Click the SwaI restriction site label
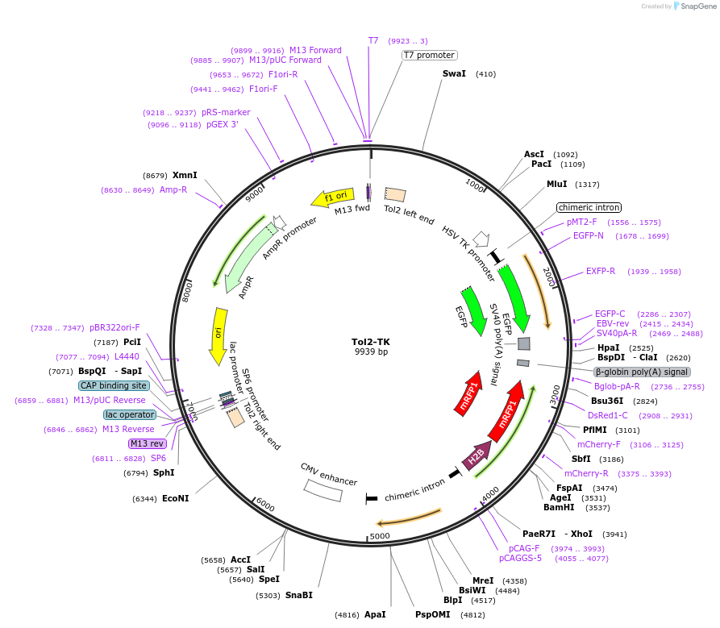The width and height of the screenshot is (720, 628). pos(454,73)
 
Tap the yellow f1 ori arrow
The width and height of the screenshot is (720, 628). pos(333,197)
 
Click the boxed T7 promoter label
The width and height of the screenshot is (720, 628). pos(429,55)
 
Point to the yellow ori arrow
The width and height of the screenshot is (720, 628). pos(218,336)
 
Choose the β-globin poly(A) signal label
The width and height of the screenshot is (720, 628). pos(642,372)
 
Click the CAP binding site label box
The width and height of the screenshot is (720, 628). pos(114,385)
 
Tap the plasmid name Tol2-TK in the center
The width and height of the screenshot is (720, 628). pos(371,342)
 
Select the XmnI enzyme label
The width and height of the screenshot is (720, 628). pos(185,175)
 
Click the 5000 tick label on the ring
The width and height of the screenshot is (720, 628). pos(380,536)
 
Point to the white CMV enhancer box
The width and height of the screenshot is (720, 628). pos(323,491)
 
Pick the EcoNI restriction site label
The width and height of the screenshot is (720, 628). pos(176,498)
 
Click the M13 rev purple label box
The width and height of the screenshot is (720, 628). pos(147,443)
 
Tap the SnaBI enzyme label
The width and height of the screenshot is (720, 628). pos(299,595)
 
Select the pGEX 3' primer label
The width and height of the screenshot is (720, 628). pos(223,124)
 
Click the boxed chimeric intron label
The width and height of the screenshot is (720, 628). pos(589,207)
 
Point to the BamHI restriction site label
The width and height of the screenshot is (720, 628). pos(559,507)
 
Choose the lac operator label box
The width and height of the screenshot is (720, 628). pos(130,414)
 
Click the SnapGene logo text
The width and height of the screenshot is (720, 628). pos(697,6)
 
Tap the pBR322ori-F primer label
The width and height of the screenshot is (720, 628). pos(114,327)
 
